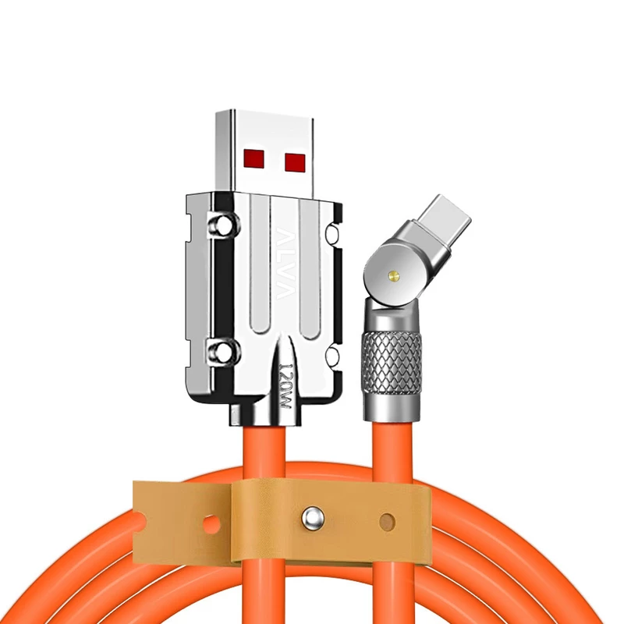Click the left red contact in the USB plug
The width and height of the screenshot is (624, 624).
pos(254,158)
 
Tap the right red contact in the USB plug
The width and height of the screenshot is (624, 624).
pos(296,162)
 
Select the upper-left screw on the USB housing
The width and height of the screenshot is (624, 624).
pos(225,225)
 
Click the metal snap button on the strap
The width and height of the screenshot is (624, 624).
pos(313,519)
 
